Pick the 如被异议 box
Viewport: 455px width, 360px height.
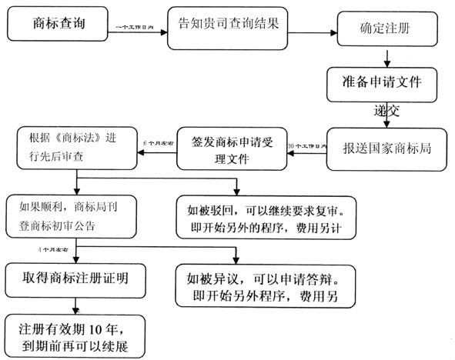click(x=262, y=285)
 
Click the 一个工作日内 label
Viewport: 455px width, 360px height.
click(x=139, y=27)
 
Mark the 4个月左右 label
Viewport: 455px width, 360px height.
click(x=54, y=251)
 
